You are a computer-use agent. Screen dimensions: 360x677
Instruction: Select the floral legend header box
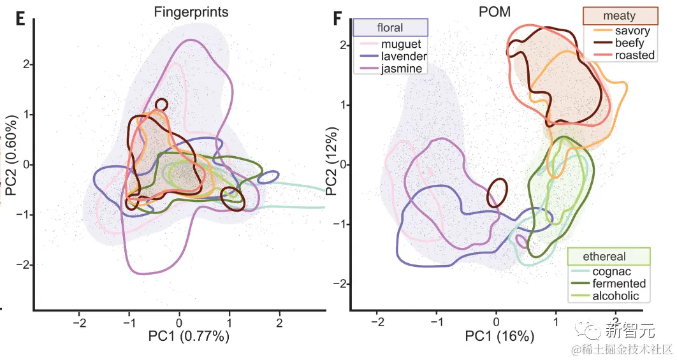390,27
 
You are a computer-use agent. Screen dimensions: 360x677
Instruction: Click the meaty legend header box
620,16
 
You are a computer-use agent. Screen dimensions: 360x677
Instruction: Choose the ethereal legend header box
608,256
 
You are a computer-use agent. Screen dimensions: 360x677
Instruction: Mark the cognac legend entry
612,271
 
